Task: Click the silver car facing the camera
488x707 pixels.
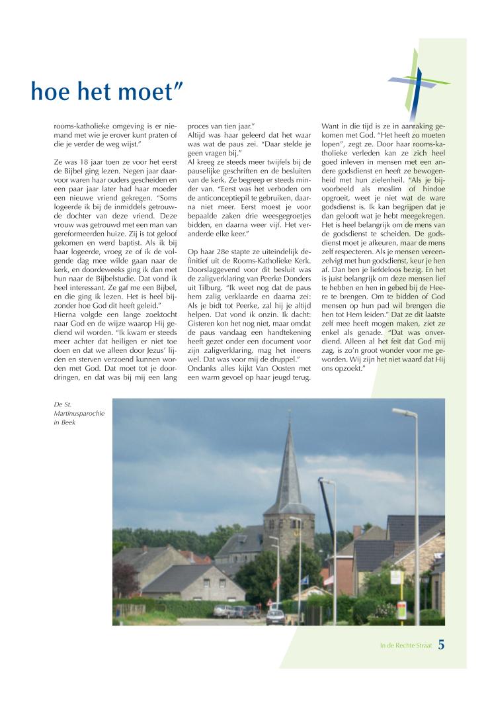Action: (275, 616)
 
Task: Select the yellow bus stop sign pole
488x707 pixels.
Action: (399, 599)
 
